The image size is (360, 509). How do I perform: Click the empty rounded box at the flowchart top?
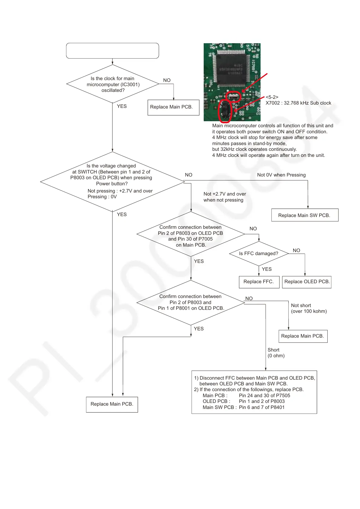tap(112, 50)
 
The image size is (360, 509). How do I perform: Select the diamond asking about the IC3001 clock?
tap(112, 84)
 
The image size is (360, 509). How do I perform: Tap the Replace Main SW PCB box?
tap(304, 215)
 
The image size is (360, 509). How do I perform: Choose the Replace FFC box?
tap(259, 282)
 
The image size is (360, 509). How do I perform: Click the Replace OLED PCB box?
tap(307, 282)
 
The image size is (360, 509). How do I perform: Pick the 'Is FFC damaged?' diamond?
tap(259, 254)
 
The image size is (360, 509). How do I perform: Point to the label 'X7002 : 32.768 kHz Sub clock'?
tap(298, 103)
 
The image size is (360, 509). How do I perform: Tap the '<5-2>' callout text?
tap(272, 97)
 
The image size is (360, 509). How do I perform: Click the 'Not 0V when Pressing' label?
tap(281, 175)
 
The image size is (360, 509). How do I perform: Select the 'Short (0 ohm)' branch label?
tap(276, 353)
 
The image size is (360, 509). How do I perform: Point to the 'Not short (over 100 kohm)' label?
tap(309, 308)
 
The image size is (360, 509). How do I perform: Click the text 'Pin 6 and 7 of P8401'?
tap(262, 407)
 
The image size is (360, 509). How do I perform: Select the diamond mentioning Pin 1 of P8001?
tap(191, 302)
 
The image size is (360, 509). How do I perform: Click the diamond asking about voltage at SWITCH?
tap(112, 181)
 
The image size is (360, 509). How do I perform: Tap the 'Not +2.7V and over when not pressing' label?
tap(225, 197)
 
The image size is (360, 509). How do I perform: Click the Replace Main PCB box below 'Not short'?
tap(303, 336)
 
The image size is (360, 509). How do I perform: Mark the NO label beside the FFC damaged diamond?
tap(296, 251)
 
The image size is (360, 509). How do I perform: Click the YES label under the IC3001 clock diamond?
tap(122, 106)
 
